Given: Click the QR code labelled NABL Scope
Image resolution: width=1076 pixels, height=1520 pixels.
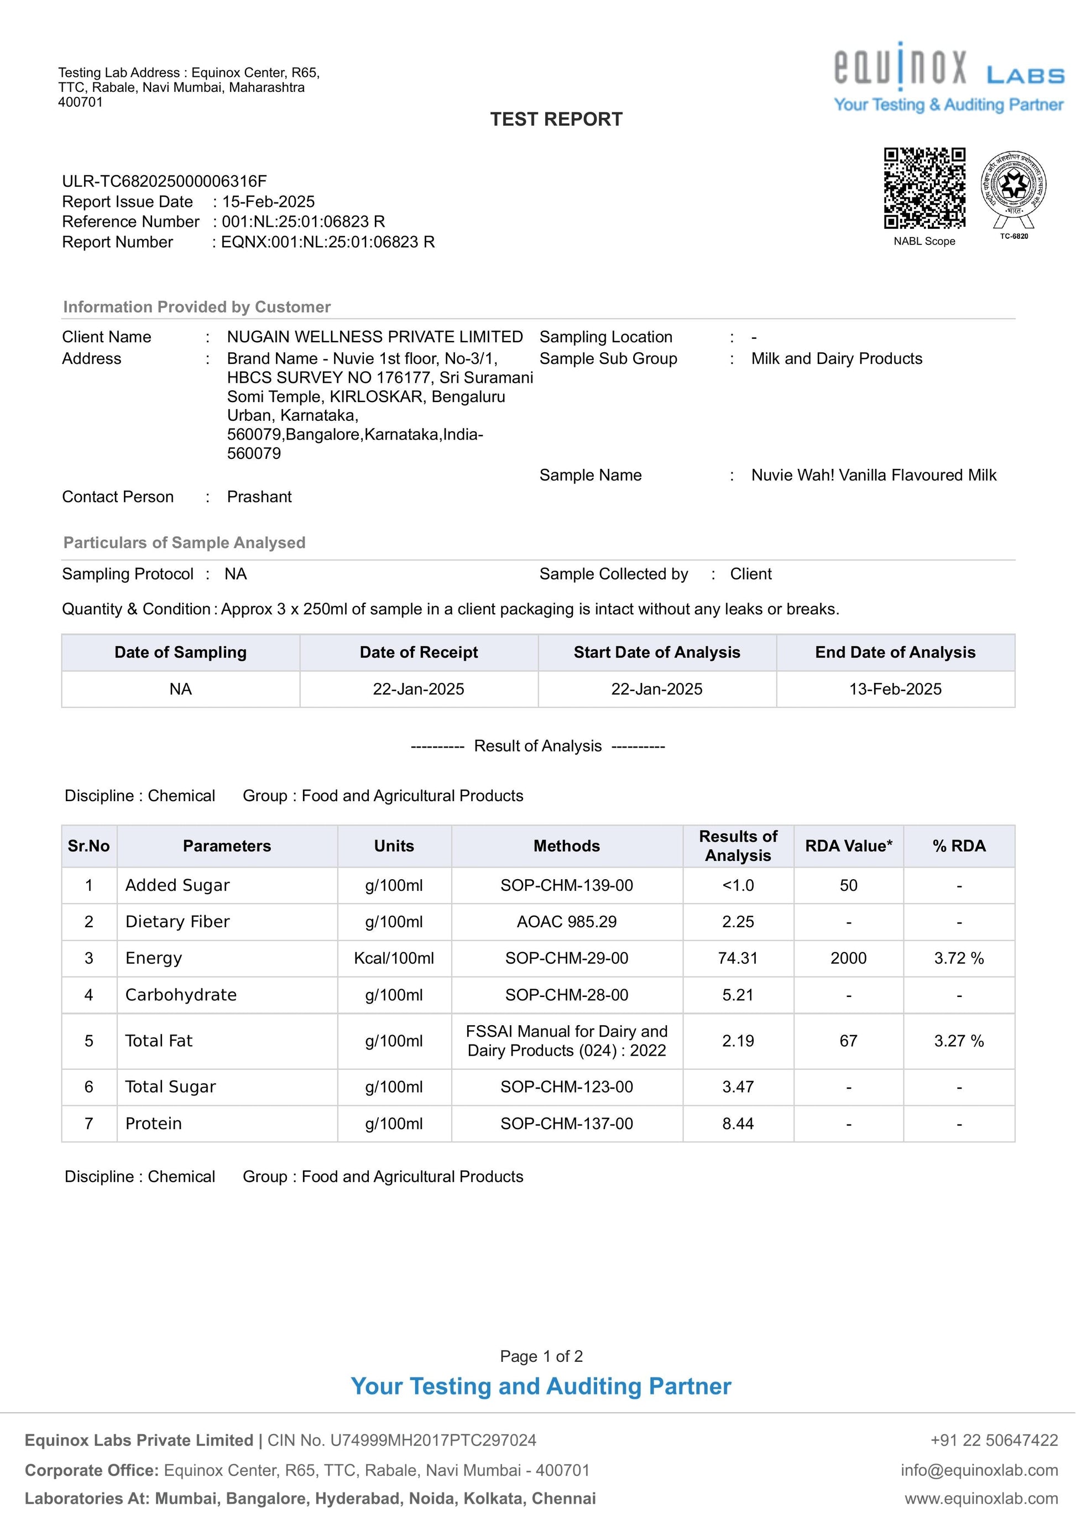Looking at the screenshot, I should pos(924,188).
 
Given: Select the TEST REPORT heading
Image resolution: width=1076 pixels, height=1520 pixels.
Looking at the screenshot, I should pos(556,119).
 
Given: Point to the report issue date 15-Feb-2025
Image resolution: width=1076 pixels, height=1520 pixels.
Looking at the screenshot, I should pos(268,201).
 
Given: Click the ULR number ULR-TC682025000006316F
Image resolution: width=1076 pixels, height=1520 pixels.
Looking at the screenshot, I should pos(164,181).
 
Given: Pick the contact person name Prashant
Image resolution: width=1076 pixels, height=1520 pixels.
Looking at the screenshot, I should pos(259,497).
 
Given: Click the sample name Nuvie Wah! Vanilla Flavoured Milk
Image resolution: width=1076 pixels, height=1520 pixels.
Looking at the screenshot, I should pos(873,475).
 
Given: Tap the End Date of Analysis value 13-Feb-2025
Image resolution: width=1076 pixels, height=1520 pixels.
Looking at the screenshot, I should pos(895,689).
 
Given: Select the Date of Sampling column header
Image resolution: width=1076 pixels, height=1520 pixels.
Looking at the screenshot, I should pos(180,652).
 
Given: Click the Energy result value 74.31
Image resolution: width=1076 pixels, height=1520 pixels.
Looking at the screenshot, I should pos(738,958).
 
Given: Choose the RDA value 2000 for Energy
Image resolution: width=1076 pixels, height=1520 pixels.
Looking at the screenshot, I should pos(848,958).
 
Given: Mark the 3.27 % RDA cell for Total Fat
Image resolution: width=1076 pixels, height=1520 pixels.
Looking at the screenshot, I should pos(959,1041).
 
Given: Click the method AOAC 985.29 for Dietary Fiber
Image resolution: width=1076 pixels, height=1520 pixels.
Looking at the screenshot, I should pos(567,922).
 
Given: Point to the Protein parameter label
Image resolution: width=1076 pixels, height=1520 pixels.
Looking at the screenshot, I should pos(154,1124).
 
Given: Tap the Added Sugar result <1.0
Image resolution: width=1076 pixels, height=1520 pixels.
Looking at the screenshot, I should pos(738,885).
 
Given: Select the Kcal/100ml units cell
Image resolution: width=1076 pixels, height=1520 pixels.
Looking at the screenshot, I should pos(394,958).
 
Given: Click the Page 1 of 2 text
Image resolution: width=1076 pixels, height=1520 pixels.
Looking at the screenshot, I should pos(541,1356).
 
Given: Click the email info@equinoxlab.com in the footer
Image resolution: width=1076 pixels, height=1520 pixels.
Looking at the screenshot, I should pos(979,1470).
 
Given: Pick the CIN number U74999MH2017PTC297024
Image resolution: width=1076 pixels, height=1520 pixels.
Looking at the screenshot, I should pos(433,1440).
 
